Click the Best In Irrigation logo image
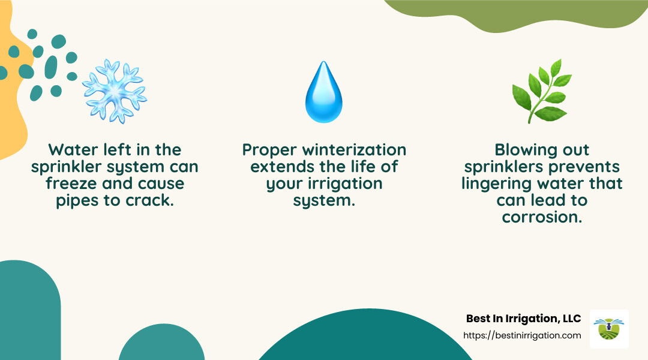point(609,329)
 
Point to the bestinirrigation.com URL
point(523,335)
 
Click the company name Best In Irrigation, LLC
point(523,319)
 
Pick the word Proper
point(265,149)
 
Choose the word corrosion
point(542,217)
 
